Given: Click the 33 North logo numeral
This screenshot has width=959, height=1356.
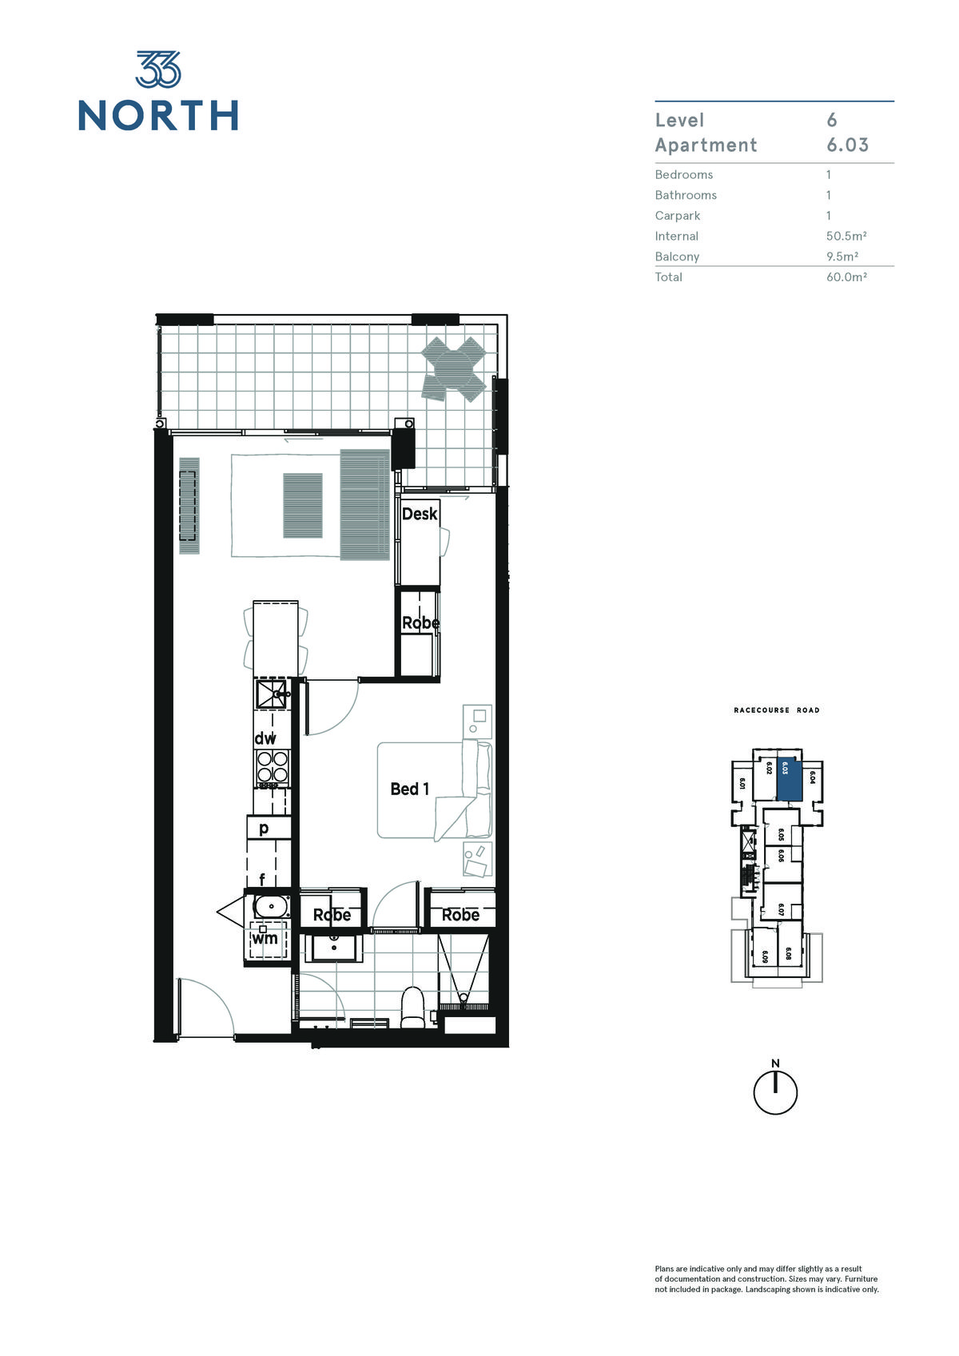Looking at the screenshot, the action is point(158,69).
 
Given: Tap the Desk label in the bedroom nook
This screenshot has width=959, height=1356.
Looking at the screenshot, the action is point(419,514).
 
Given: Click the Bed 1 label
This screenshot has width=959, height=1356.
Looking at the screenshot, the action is point(410,789).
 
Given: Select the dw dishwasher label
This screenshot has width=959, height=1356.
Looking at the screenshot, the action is point(265,738).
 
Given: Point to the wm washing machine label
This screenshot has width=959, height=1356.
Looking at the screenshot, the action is point(265,938).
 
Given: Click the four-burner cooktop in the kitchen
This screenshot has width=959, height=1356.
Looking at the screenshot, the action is point(272,768).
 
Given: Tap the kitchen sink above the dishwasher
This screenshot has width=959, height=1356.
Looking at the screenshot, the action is point(271,694).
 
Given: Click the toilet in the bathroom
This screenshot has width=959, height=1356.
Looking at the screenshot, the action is point(413,1008).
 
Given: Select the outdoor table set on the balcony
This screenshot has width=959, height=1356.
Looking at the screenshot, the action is point(454,368).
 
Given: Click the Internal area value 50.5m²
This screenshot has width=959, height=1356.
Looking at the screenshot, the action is point(846,236).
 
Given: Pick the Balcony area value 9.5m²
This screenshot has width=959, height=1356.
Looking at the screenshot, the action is point(842,256).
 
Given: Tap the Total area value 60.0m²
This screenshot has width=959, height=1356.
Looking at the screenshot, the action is point(846,277).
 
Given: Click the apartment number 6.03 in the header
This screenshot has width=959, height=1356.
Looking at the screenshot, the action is point(848,145).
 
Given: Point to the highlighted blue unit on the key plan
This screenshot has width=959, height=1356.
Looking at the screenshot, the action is point(790,780).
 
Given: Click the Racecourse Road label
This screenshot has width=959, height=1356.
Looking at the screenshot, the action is point(777,710).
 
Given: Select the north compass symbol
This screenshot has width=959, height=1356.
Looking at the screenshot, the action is point(775,1090).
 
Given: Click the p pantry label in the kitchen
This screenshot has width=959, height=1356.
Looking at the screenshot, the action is point(264,828).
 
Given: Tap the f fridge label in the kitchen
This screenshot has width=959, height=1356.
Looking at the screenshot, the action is point(262,878).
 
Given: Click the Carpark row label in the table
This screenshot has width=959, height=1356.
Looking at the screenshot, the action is point(678,216).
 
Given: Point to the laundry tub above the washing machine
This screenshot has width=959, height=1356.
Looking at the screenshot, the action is point(271,907).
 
